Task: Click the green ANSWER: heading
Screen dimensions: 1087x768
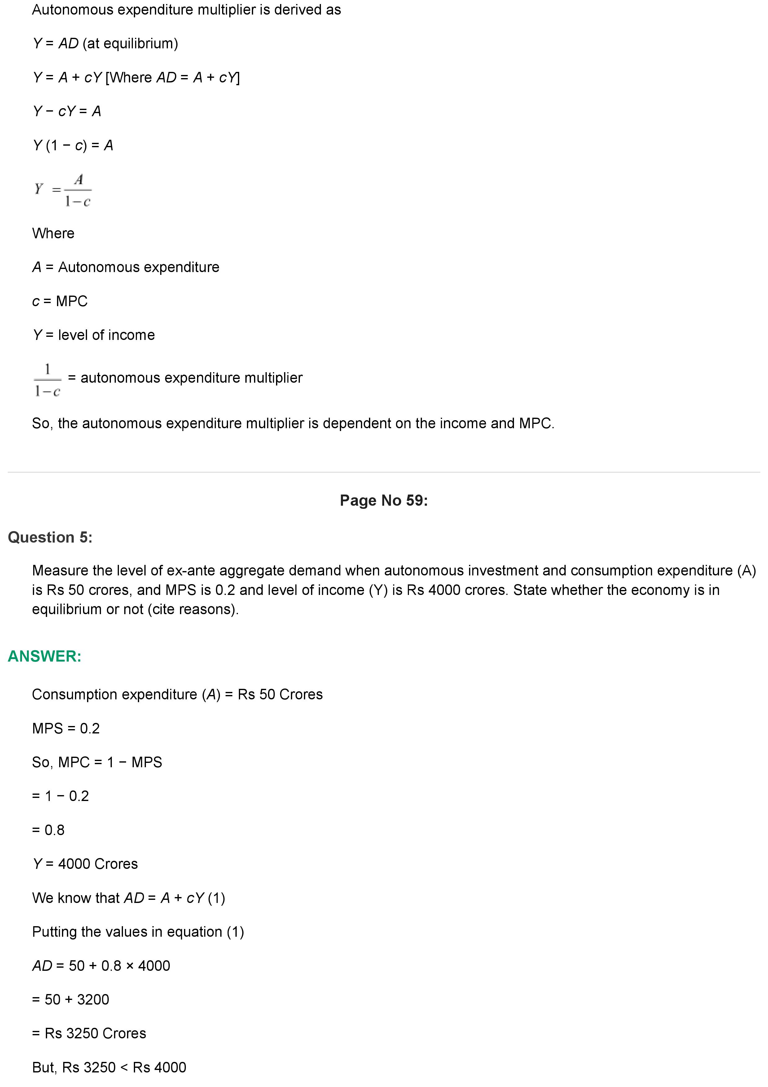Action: pos(45,656)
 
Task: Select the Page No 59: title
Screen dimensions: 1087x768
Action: pos(384,500)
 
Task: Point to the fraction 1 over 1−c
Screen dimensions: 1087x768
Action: pos(47,380)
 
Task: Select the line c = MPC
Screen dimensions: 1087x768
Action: pos(59,301)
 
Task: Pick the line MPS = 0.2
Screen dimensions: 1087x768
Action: pos(66,728)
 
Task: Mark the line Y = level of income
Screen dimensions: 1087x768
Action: pos(94,335)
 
